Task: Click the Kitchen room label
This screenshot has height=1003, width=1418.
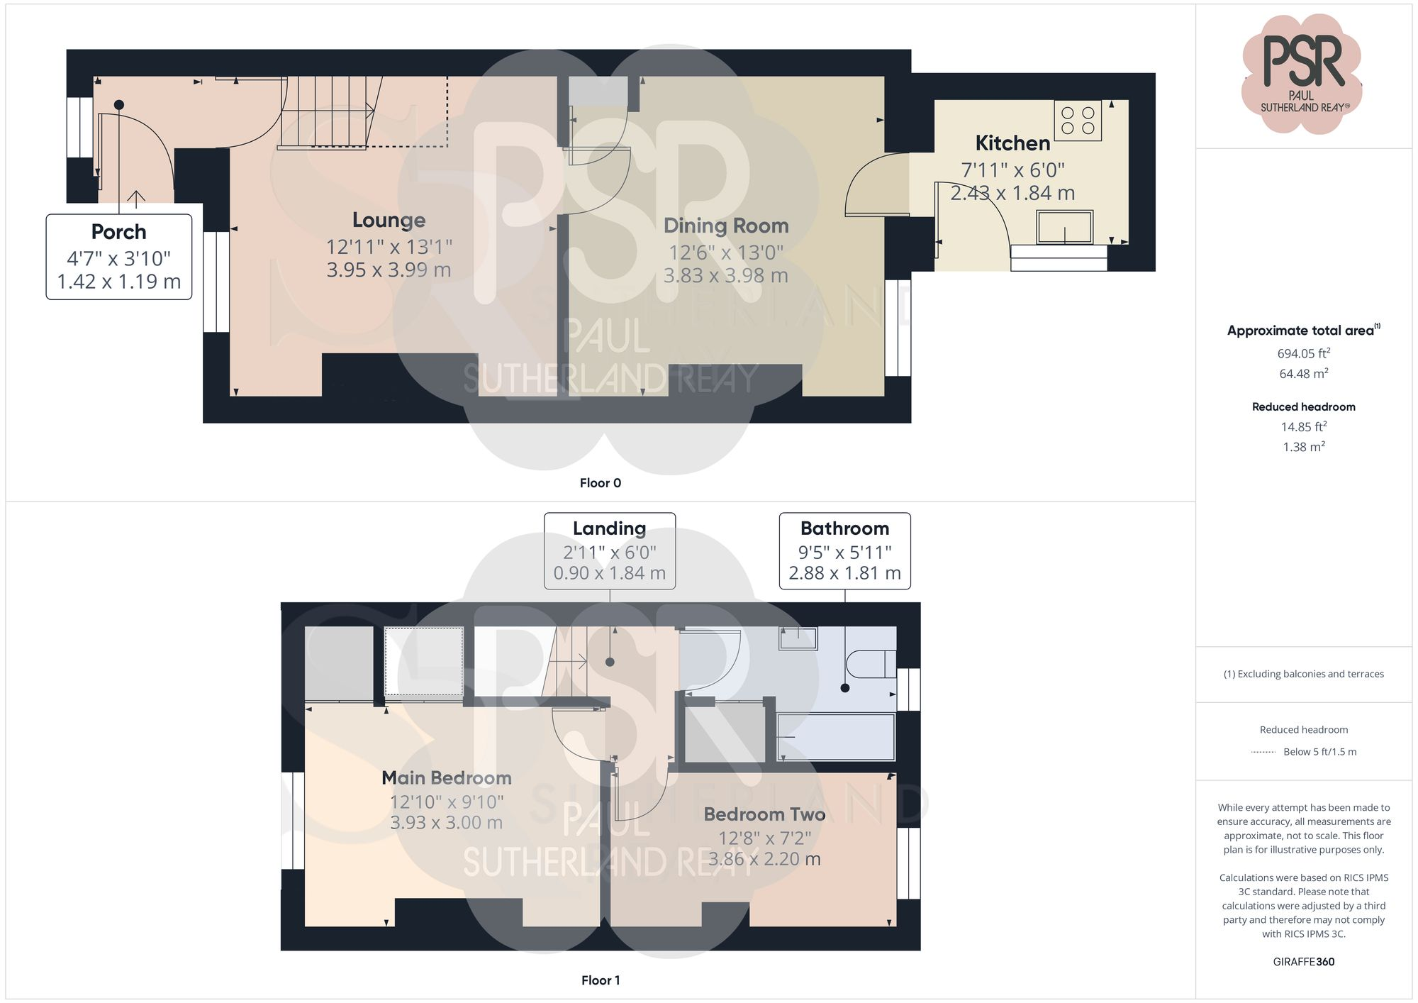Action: click(x=1012, y=143)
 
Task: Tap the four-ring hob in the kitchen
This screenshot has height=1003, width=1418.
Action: click(x=1077, y=121)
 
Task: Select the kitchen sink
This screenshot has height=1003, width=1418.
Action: click(x=1064, y=227)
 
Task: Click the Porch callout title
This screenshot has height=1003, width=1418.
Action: click(x=118, y=232)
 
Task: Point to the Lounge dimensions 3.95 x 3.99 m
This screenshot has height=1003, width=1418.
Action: click(x=389, y=270)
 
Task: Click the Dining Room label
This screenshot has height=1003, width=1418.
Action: click(x=725, y=226)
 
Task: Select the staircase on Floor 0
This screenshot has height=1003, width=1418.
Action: click(x=328, y=112)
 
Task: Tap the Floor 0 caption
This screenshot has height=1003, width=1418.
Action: click(x=600, y=483)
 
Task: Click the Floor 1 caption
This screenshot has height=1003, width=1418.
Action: click(x=600, y=980)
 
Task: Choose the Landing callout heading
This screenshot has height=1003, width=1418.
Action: click(x=609, y=528)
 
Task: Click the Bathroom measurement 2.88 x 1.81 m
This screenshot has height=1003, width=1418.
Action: click(x=844, y=573)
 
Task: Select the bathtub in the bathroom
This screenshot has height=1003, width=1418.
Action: click(x=836, y=737)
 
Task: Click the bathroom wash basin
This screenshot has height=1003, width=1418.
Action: click(x=798, y=638)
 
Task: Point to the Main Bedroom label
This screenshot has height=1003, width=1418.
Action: click(x=446, y=778)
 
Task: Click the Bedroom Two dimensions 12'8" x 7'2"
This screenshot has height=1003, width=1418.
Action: click(x=764, y=838)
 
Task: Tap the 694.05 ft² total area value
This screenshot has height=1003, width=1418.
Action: click(x=1303, y=353)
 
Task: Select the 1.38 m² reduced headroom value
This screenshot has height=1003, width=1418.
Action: click(x=1303, y=447)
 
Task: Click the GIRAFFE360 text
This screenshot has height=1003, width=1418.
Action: click(x=1303, y=962)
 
